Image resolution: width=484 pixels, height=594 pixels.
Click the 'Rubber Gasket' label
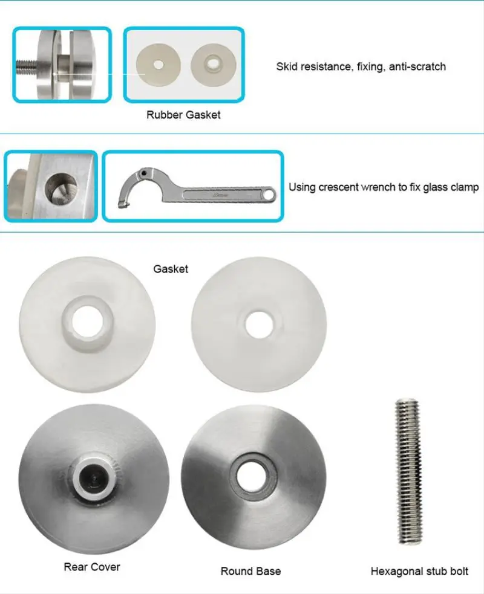tap(183, 115)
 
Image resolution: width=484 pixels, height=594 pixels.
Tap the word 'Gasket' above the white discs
tap(171, 269)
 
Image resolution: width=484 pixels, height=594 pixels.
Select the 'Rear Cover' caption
tap(92, 567)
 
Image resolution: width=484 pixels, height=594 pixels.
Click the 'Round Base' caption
tap(250, 570)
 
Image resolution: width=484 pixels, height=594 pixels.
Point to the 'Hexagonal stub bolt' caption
tap(419, 570)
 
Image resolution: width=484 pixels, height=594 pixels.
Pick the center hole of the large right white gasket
tap(259, 323)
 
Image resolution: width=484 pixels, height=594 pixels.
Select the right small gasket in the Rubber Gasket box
tap(212, 63)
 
